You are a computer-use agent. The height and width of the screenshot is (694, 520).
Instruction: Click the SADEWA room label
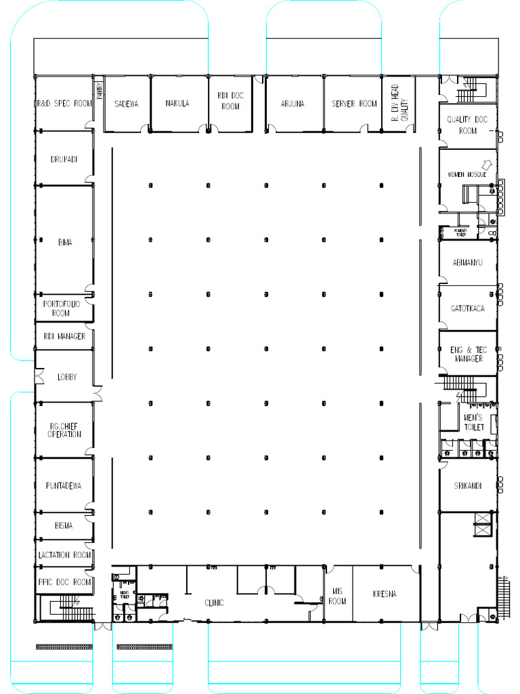point(126,104)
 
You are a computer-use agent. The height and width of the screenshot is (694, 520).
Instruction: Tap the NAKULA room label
point(177,104)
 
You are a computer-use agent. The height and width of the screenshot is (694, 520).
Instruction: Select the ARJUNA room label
point(292,104)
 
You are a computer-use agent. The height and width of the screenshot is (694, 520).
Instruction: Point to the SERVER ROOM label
point(354,104)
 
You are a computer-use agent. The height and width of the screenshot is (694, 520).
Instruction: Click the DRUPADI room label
point(63,159)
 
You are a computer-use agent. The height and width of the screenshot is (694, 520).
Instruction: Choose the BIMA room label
point(65,242)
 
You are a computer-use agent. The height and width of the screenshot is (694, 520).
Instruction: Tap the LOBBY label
point(66,377)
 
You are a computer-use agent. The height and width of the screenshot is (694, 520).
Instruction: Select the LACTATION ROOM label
point(64,555)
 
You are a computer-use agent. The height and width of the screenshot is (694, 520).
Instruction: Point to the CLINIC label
point(214,603)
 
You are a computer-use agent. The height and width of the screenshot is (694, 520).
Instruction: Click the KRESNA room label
point(385,594)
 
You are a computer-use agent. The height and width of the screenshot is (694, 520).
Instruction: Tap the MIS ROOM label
point(337,596)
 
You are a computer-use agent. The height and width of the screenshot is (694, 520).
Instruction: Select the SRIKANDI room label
point(468,486)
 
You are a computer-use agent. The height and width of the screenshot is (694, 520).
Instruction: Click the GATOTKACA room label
point(468,308)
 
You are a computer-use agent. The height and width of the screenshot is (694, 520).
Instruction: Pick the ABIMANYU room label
point(467,262)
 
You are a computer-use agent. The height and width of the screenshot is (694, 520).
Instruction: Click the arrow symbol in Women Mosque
point(485,164)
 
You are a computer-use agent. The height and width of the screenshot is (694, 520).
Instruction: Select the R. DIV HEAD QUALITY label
point(400,103)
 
